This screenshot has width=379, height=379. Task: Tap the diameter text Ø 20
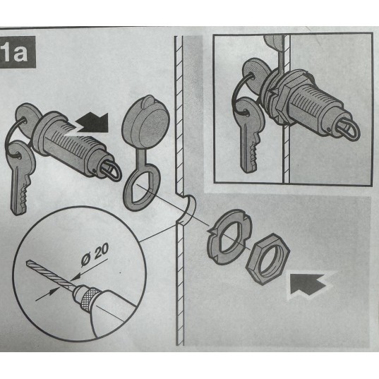coord(95,255)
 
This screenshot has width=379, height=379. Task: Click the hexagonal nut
coord(267,258)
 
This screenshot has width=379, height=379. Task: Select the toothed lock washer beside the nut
coord(229,236)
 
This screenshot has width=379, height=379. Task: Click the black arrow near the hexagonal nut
coord(308,284)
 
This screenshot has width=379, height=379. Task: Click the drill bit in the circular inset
coord(48,273)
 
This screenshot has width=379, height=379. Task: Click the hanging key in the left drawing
coord(19,178)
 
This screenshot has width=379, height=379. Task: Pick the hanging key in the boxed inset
coord(249,136)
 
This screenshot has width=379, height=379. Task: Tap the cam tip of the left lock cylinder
coord(112,171)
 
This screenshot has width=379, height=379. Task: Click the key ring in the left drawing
coord(15,136)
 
